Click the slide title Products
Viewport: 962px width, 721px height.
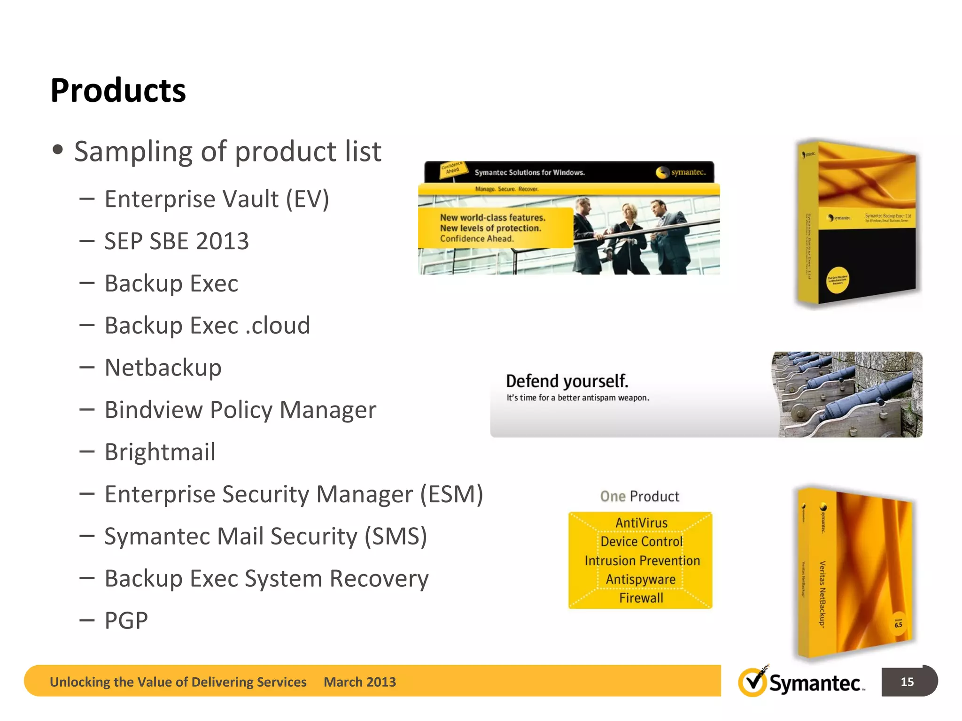[118, 90]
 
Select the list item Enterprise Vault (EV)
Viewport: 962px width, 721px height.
[217, 199]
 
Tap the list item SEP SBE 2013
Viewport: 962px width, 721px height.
[176, 241]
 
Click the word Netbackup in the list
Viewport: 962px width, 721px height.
[163, 368]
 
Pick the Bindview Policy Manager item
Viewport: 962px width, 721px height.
[240, 410]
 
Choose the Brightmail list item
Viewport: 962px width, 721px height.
[160, 452]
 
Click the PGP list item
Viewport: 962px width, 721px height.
[126, 621]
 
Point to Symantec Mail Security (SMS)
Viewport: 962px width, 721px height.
[265, 536]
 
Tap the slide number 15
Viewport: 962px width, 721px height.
[907, 682]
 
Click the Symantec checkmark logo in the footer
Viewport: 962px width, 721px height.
[753, 682]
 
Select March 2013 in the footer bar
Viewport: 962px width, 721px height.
[360, 682]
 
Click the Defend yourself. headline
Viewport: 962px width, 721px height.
[567, 381]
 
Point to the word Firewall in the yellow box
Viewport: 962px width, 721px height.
[641, 598]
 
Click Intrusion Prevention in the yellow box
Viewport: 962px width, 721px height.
[642, 560]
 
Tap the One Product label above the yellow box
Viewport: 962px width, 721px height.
[639, 496]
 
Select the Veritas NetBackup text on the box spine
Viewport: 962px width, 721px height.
[822, 594]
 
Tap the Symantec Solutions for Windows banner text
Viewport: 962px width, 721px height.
[529, 173]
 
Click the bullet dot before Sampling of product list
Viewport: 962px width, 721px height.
[58, 150]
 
